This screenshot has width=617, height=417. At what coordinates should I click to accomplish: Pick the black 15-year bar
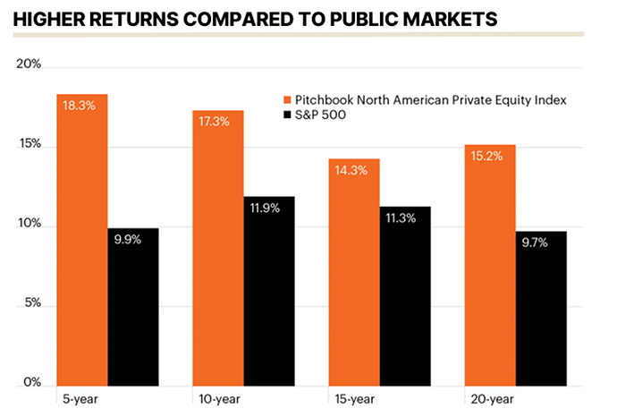(x=404, y=295)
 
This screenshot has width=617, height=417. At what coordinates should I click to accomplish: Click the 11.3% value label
(x=404, y=218)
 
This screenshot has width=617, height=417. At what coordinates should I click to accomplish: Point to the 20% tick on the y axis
(x=30, y=66)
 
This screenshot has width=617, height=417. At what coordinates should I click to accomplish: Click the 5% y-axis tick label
(x=33, y=304)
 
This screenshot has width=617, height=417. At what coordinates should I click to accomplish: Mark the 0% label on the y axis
(x=33, y=382)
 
